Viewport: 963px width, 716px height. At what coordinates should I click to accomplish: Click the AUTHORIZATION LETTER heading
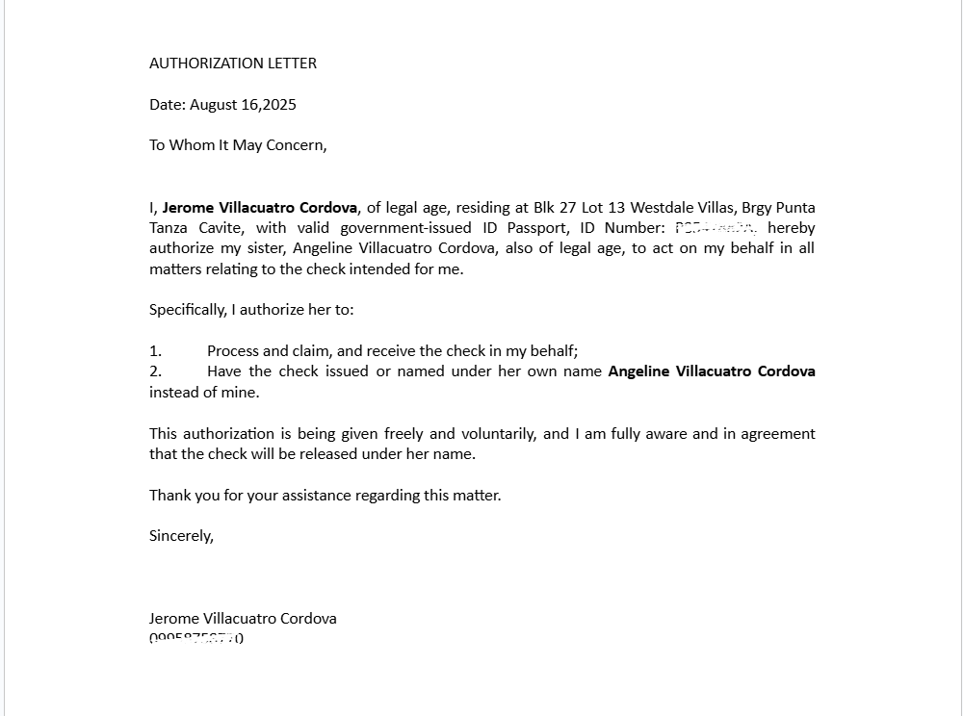coord(233,64)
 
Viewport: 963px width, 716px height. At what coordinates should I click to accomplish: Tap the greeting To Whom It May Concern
coord(238,145)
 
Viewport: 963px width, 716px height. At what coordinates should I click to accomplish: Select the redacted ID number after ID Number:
coord(716,228)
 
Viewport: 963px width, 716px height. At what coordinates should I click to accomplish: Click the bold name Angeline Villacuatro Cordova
coord(712,371)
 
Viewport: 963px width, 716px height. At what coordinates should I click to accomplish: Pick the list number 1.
coord(155,351)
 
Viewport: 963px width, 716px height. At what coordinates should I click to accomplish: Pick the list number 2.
coord(155,371)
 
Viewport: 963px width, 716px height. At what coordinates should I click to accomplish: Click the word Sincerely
coord(181,536)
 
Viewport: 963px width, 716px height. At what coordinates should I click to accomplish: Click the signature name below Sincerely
coord(243,619)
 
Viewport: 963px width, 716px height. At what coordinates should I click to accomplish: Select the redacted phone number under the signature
coord(196,638)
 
